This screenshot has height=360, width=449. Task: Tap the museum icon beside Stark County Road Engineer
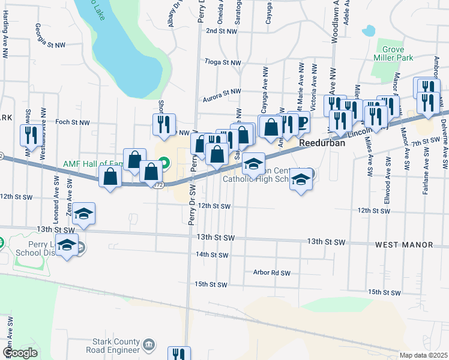[x=149, y=344]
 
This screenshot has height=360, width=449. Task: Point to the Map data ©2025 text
[x=423, y=355]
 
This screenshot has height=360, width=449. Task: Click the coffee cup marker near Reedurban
[x=301, y=122]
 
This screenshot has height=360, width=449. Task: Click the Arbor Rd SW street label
[x=271, y=272]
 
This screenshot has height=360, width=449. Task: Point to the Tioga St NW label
[x=223, y=62]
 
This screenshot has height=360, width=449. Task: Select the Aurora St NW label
[x=221, y=92]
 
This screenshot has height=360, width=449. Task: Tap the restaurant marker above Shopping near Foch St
[x=163, y=124]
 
